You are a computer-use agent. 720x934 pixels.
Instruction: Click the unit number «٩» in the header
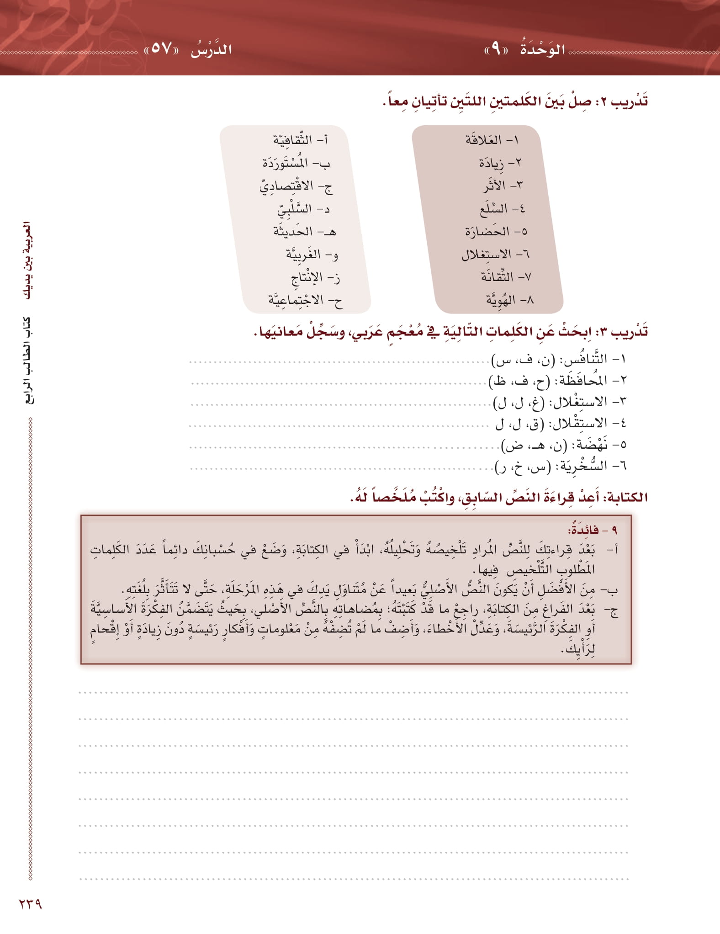496,49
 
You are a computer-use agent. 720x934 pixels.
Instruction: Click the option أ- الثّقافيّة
301,140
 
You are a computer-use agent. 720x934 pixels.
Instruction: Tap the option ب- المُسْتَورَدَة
296,163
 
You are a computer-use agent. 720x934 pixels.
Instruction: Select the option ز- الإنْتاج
316,277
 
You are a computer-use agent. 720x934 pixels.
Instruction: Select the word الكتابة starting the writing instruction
627,497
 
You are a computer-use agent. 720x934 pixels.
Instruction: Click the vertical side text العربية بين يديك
28,260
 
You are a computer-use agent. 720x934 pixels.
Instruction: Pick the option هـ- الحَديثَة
304,232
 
